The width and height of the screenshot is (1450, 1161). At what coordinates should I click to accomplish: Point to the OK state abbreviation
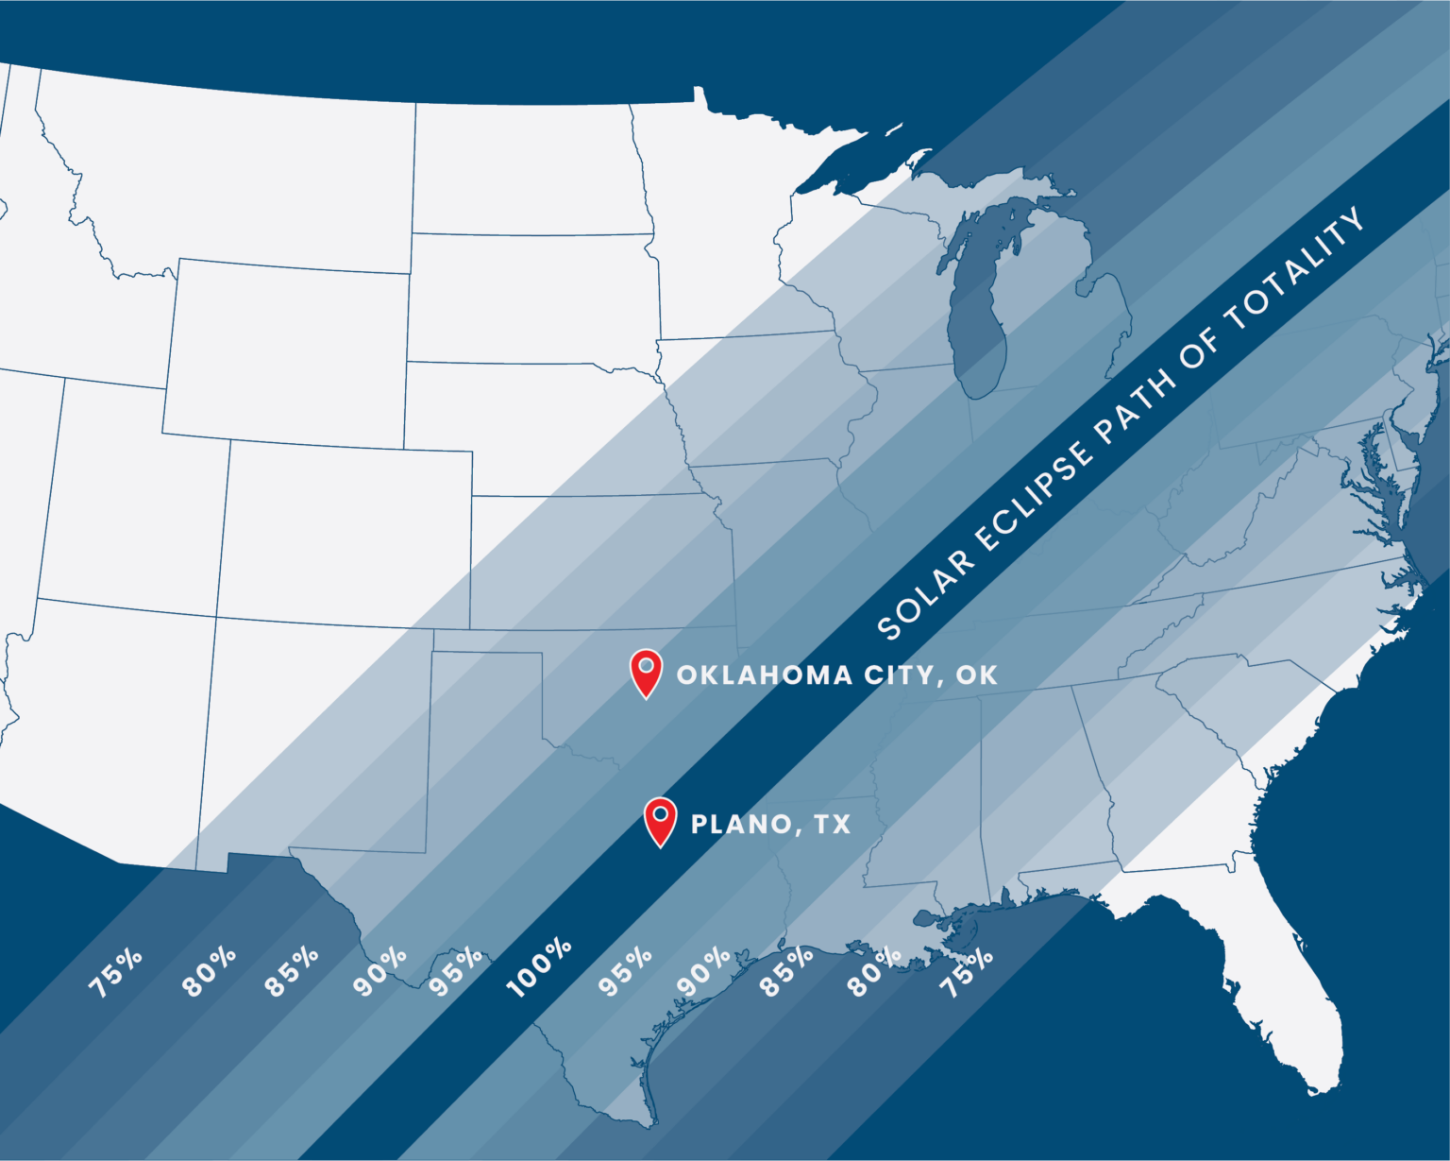pyautogui.click(x=976, y=675)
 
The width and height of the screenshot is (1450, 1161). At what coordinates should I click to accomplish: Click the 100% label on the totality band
pyautogui.click(x=539, y=967)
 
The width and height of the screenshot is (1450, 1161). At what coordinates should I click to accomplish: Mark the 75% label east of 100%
pyautogui.click(x=967, y=972)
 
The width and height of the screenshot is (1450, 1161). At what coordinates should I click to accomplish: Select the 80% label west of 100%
pyautogui.click(x=209, y=971)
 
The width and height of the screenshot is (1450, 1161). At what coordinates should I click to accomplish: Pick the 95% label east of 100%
pyautogui.click(x=625, y=971)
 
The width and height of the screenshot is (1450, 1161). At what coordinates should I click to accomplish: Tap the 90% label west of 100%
pyautogui.click(x=379, y=971)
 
